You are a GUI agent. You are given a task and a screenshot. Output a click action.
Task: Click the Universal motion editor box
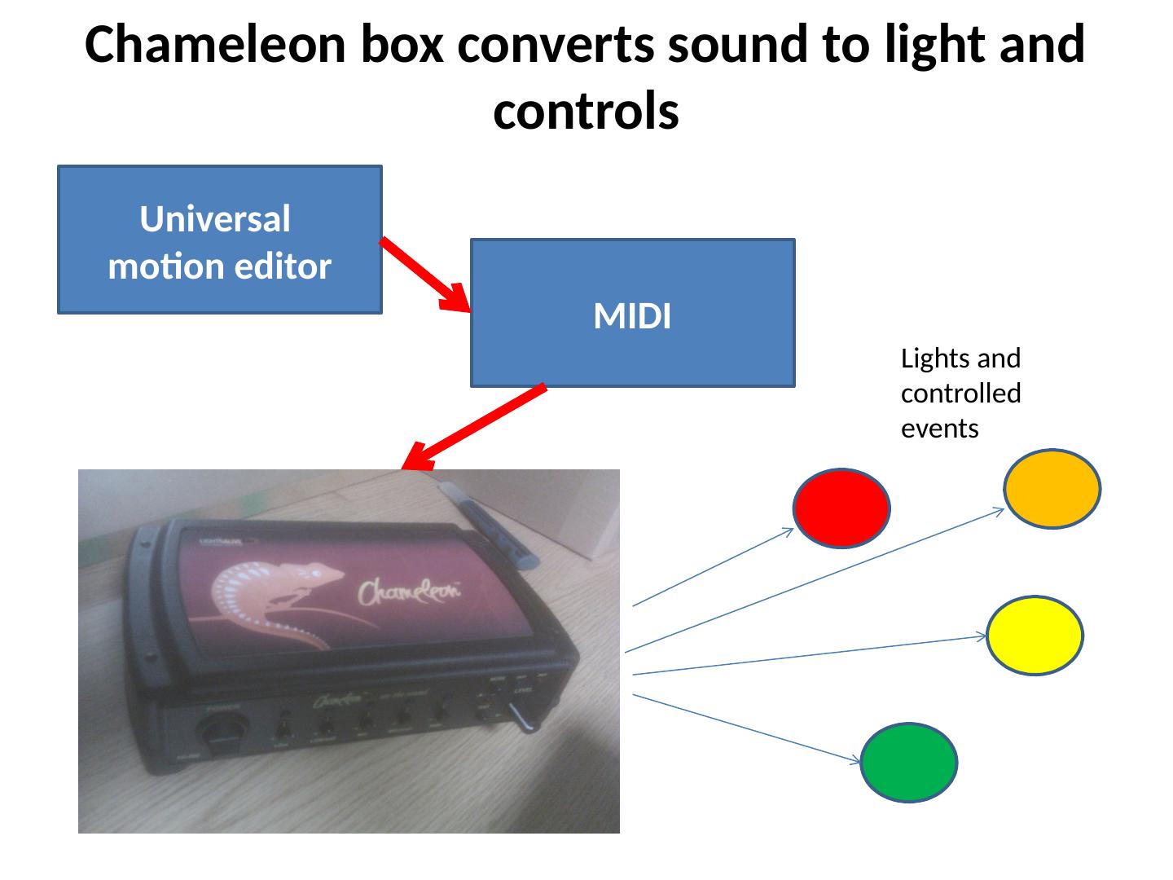[220, 240]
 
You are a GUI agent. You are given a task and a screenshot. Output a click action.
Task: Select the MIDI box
[632, 313]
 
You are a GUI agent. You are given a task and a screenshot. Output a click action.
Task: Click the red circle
[841, 508]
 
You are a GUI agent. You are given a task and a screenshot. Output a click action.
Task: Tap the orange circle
[1052, 489]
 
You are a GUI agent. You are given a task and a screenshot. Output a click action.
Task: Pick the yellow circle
[1035, 636]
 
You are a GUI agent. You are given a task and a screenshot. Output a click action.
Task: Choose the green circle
[909, 763]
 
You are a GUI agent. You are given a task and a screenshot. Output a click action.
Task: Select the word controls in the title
[586, 112]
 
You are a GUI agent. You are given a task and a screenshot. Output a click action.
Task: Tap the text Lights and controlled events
[961, 394]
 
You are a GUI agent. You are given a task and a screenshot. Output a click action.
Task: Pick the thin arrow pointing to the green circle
[745, 728]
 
